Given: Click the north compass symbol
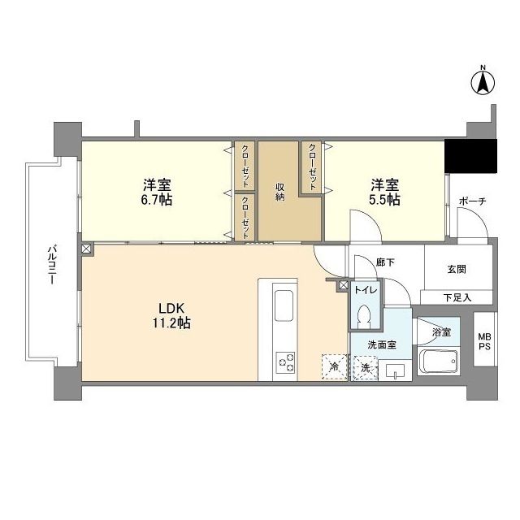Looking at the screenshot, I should coord(483,81).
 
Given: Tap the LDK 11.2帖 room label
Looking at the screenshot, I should coord(173,316).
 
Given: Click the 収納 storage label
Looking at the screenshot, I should coord(280,192).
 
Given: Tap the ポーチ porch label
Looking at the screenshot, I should coord(472,201).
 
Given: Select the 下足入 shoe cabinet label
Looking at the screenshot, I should coord(457,297).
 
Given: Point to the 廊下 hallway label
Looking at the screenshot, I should coord(385,262).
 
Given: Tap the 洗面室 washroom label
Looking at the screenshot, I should coord(379,344).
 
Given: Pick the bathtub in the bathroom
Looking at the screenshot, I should coord(439,362).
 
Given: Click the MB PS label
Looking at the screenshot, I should coord(484,342).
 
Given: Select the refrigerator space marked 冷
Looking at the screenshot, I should coord(333,367).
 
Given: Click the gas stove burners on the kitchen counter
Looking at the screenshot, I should coord(286,361).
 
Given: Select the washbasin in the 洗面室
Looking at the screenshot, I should coord(396,371).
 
